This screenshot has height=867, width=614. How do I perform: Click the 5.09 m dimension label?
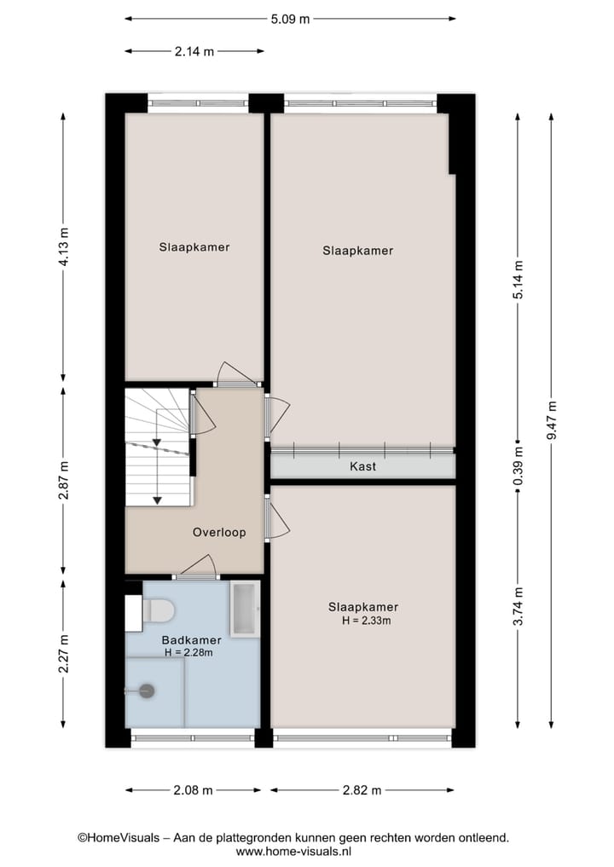click(x=290, y=19)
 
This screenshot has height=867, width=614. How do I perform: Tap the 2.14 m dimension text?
click(x=194, y=51)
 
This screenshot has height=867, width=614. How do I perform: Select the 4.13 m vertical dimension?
click(x=63, y=248)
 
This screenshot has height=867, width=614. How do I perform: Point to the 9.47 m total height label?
click(x=552, y=419)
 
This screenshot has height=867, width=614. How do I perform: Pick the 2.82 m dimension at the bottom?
click(x=362, y=790)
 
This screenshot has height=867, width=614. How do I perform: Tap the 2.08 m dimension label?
click(x=193, y=790)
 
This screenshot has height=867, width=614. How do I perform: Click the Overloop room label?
click(x=219, y=532)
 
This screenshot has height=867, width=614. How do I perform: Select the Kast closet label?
click(x=362, y=466)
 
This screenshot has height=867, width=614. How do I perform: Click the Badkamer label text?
click(x=192, y=639)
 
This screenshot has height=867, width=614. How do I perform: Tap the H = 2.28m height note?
click(x=188, y=653)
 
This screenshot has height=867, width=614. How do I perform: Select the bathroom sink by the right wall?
click(x=246, y=609)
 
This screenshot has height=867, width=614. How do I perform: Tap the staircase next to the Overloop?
click(x=158, y=448)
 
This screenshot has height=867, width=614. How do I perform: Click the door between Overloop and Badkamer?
click(x=195, y=568)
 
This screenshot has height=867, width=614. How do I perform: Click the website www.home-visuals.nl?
click(x=293, y=851)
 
